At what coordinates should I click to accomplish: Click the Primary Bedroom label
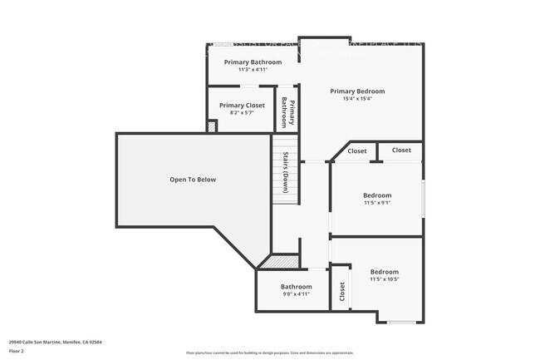[357, 91]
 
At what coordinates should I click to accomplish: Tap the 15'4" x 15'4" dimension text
[357, 99]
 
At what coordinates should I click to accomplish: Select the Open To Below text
[193, 180]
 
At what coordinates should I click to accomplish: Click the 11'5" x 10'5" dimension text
[384, 279]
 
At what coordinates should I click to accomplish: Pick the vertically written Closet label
[341, 293]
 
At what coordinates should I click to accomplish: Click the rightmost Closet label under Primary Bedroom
[401, 150]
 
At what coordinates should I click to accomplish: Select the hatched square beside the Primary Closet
[212, 126]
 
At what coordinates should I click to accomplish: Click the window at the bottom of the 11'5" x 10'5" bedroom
[401, 322]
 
